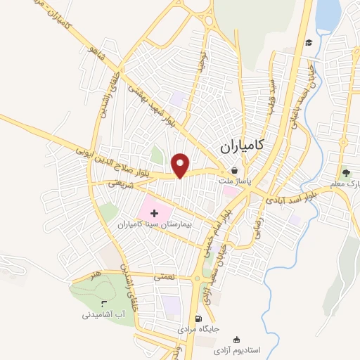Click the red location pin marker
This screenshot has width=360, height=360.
pyautogui.click(x=181, y=165)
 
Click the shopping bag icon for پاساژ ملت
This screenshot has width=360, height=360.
pyautogui.click(x=233, y=170)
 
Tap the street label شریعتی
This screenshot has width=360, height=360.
pyautogui.click(x=120, y=183)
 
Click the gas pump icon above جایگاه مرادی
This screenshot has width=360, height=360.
pyautogui.click(x=207, y=318)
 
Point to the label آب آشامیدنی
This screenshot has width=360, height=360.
pyautogui.click(x=103, y=317)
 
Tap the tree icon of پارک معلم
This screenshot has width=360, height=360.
pyautogui.click(x=345, y=172)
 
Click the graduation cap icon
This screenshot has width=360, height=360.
pyautogui.click(x=308, y=42)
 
